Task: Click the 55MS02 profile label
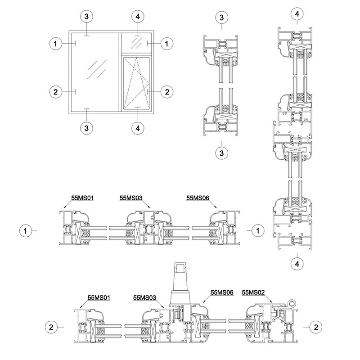[253, 292]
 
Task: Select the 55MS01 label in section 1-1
[82, 198]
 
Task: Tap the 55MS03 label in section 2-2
[144, 297]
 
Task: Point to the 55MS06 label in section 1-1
[198, 198]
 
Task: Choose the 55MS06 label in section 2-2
[222, 292]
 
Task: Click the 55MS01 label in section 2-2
[99, 297]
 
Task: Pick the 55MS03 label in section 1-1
[131, 198]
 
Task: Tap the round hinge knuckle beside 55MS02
[292, 303]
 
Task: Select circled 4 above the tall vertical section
[297, 14]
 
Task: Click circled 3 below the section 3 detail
[221, 153]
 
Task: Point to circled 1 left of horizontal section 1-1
[26, 231]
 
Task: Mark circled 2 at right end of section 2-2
[316, 327]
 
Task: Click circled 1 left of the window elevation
[55, 43]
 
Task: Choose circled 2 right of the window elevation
[167, 92]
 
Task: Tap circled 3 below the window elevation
[86, 128]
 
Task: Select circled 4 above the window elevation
[138, 17]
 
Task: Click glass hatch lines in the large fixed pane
[97, 69]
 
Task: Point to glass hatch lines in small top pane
[137, 42]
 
